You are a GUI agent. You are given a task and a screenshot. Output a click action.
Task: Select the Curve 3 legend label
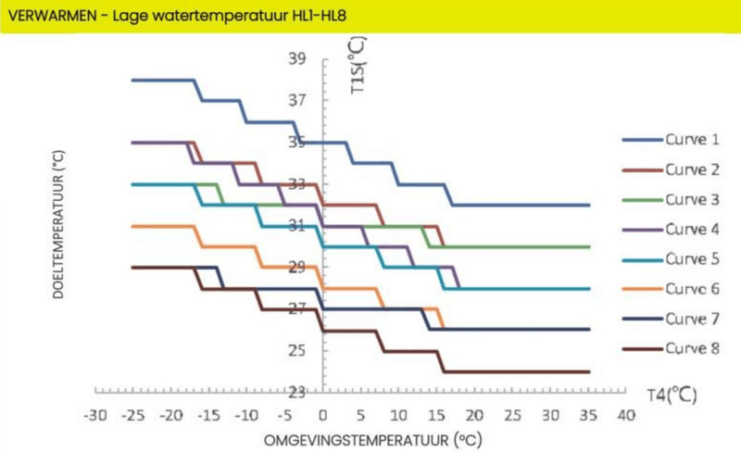point(691,199)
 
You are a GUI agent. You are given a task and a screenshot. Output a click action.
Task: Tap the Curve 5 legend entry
point(691,258)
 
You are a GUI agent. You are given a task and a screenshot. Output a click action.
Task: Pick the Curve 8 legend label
point(691,348)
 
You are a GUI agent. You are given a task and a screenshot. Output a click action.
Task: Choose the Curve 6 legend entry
point(691,288)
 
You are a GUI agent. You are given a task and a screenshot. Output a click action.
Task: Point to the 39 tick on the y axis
point(297,59)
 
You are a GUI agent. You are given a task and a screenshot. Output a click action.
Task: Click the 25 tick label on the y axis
point(297,350)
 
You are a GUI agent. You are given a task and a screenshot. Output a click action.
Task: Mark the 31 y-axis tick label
point(297,225)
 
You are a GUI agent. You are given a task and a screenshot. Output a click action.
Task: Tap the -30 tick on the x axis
point(95,415)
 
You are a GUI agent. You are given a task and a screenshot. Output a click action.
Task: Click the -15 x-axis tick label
point(209,415)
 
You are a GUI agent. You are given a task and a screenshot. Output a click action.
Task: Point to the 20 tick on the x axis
point(475,415)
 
